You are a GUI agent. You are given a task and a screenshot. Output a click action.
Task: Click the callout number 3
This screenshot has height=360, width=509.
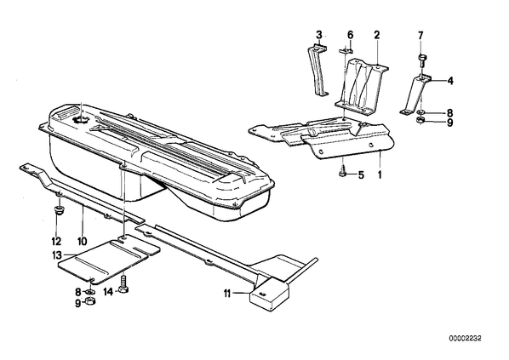(x=319, y=34)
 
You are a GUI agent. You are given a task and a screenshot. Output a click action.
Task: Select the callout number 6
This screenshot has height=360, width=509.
(x=350, y=34)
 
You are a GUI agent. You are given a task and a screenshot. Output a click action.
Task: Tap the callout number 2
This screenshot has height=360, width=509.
(x=376, y=34)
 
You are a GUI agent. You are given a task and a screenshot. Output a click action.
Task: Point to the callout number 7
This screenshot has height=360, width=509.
(x=420, y=34)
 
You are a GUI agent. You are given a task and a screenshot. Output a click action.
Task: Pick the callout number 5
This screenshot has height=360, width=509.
(x=361, y=175)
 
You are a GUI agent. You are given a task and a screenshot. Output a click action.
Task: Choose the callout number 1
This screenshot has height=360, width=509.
(x=379, y=175)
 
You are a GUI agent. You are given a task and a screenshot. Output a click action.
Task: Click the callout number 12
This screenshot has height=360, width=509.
(x=56, y=241)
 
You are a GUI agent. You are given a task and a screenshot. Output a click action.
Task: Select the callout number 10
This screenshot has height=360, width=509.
(x=82, y=241)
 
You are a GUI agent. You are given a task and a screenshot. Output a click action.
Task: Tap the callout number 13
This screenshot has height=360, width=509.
(x=56, y=255)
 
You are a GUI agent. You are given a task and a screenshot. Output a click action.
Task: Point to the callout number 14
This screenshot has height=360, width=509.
(x=108, y=292)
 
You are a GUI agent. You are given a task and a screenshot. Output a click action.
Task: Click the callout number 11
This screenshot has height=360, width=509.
(x=227, y=294)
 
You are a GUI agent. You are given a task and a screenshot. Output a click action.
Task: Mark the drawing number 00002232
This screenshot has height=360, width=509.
(x=466, y=338)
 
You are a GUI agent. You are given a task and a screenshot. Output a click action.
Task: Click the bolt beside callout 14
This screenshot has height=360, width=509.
(x=123, y=284)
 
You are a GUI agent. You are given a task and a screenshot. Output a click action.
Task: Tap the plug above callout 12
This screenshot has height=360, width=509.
(x=58, y=210)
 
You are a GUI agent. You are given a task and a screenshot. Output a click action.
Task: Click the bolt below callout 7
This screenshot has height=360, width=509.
(x=421, y=60)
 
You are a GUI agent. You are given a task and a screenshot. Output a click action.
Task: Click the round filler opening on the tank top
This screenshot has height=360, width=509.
(x=81, y=120)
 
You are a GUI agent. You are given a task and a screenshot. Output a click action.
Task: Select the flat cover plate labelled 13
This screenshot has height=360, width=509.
(x=109, y=258)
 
